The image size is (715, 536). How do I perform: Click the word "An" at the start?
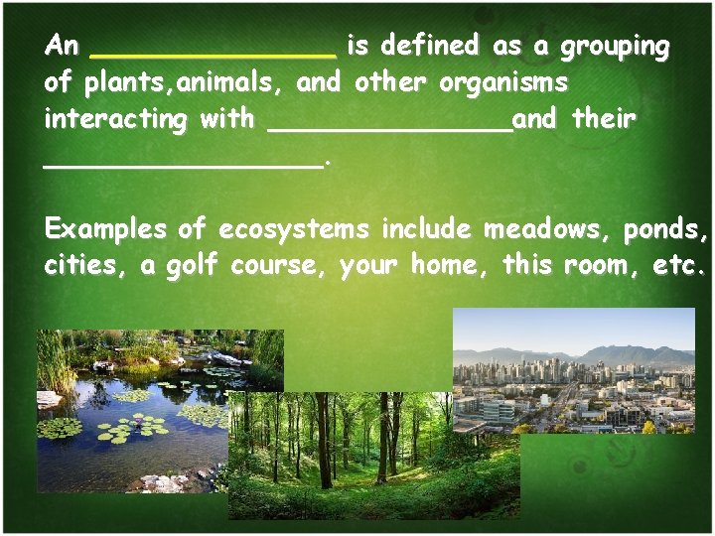(x=61, y=47)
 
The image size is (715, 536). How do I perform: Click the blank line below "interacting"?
(x=184, y=161)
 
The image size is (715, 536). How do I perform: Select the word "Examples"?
(x=105, y=230)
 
